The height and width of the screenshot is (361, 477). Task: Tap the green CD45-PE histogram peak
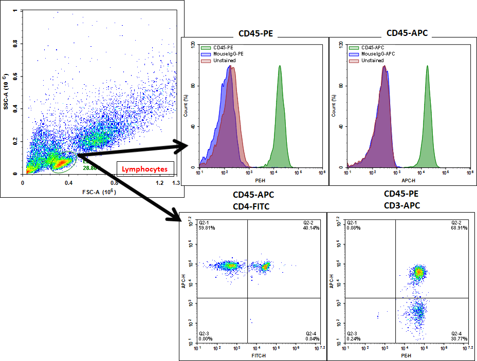click(x=280, y=67)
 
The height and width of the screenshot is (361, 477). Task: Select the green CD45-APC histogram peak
click(x=427, y=67)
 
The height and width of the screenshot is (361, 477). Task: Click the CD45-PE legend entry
click(x=217, y=47)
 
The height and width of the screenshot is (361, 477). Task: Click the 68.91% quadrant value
click(x=460, y=227)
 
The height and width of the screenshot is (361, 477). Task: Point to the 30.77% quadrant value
click(x=460, y=339)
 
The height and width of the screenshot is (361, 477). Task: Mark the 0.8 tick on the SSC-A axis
click(x=15, y=44)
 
